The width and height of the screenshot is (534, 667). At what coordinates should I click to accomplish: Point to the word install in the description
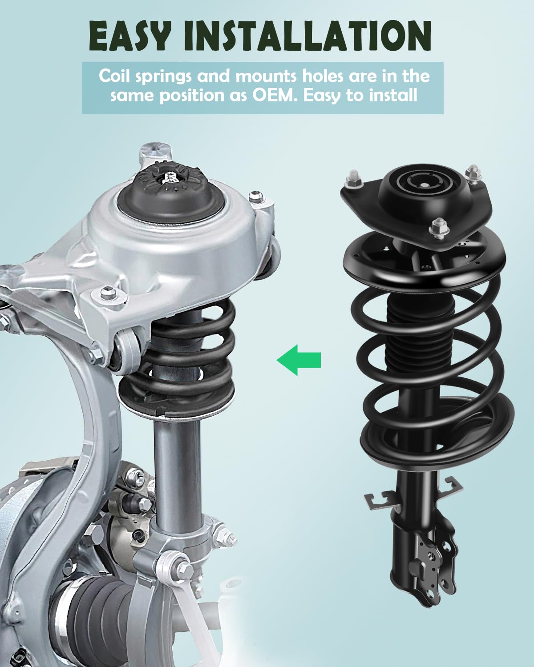pyautogui.click(x=393, y=95)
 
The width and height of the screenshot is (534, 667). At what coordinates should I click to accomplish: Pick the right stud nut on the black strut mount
pyautogui.click(x=472, y=172)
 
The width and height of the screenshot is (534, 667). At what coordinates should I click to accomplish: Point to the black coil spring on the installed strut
pyautogui.click(x=191, y=351)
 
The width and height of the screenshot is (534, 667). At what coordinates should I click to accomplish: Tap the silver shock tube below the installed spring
pyautogui.click(x=177, y=467)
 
